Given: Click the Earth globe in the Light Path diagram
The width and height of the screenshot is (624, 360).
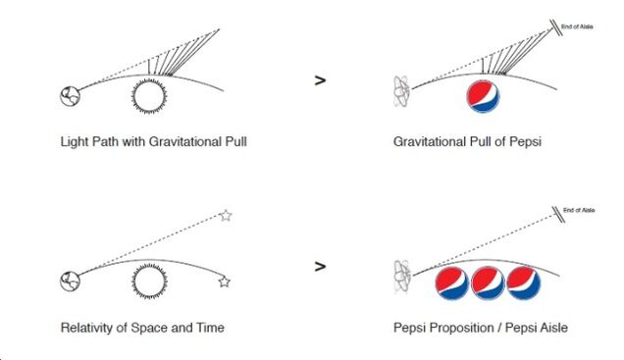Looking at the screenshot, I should pos(68,96).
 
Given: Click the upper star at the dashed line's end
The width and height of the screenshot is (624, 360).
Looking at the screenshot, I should pos(226,215).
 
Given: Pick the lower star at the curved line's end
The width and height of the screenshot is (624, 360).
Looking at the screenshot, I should pos(224,282).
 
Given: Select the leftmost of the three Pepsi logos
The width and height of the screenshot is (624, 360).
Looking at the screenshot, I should pos(453,283).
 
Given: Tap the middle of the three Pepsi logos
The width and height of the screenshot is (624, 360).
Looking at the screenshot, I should pos(489,283).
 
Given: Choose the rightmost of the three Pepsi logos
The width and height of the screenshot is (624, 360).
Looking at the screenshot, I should pos(524,283).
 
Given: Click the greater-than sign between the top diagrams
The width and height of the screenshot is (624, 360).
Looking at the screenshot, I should pos(320,81).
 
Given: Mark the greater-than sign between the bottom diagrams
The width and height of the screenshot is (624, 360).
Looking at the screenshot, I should pos(320,265).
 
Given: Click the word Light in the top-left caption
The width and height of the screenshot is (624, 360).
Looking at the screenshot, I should pos(73,141).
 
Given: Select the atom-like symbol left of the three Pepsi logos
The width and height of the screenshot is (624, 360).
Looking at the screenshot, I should pos(403,279).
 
